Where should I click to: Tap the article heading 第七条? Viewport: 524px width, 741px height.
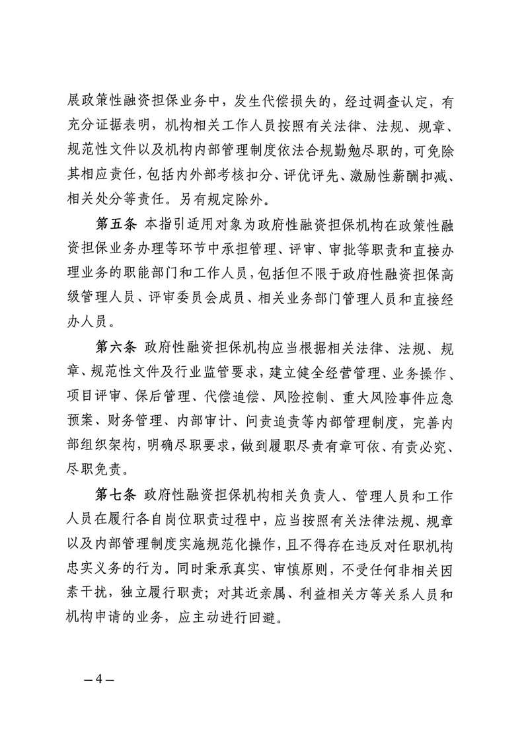116,496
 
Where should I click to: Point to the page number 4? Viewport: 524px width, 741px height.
96,680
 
